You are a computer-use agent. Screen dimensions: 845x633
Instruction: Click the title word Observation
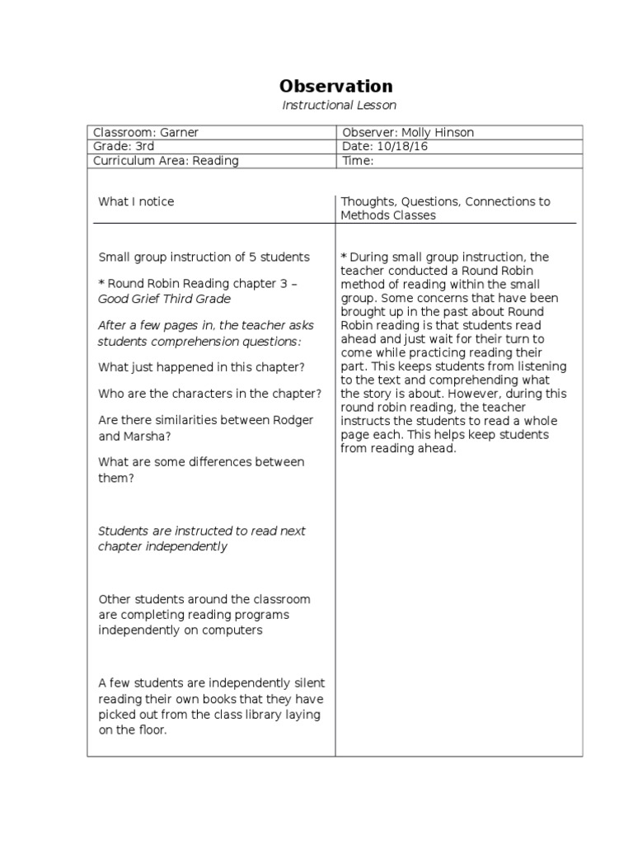(335, 86)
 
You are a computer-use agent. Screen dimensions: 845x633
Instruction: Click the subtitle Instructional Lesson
(339, 105)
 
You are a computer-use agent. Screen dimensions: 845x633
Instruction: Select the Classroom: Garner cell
(146, 133)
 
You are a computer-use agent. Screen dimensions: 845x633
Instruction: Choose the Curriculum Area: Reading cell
(166, 161)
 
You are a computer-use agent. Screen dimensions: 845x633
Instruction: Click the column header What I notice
(136, 201)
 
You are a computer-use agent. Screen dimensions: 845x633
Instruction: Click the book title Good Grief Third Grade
(164, 299)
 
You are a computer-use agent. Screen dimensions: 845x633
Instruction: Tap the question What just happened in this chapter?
(200, 366)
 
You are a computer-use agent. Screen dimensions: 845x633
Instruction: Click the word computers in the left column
(234, 630)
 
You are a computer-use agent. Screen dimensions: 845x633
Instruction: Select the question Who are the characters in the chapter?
(209, 394)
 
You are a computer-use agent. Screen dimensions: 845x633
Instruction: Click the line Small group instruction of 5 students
(204, 257)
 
